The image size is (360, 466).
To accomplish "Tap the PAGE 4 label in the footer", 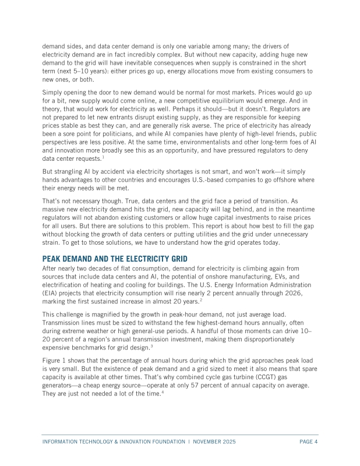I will [308, 442].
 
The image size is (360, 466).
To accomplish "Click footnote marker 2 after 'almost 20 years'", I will [200, 301].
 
